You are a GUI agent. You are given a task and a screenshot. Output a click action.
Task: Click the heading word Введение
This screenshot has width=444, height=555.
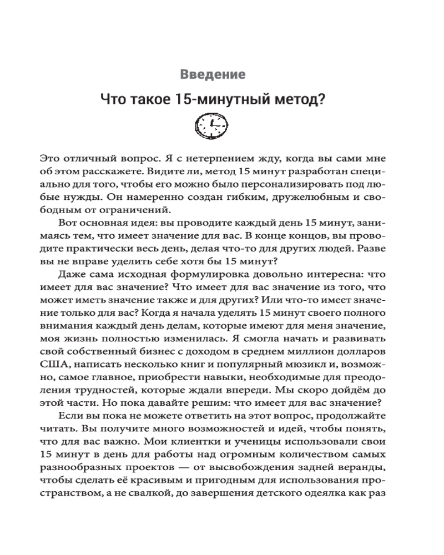coord(214,74)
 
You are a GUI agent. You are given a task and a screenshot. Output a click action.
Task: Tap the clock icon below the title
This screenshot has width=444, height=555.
coord(213,128)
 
